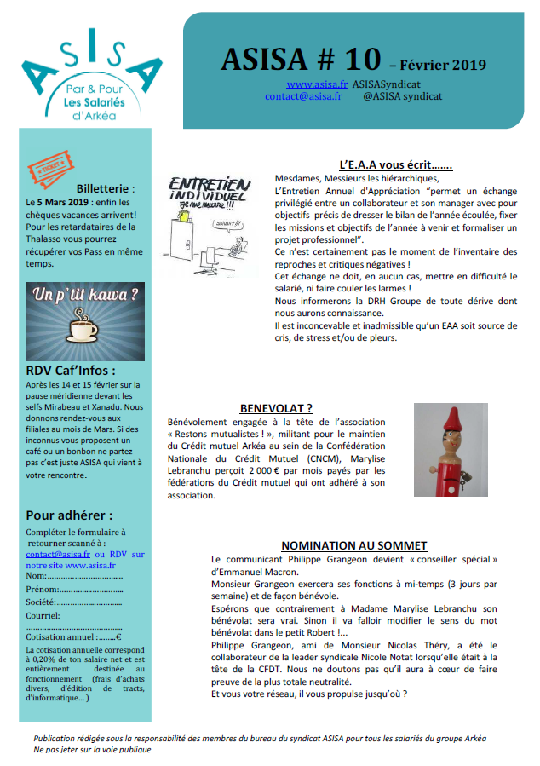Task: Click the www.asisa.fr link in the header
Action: point(317,84)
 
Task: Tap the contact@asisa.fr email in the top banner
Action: point(303,97)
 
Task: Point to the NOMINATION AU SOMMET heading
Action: point(353,545)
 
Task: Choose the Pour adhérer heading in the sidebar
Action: point(69,515)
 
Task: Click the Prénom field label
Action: point(43,589)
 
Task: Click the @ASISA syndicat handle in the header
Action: point(403,97)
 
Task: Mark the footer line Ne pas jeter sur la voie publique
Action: point(92,750)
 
